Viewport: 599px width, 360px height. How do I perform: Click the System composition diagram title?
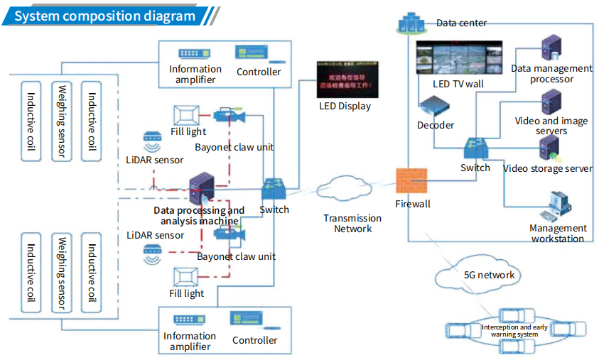click(x=104, y=16)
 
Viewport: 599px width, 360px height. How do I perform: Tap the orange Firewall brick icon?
click(x=411, y=183)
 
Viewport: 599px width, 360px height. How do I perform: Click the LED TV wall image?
click(x=458, y=59)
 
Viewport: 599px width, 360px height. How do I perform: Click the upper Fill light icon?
click(x=188, y=114)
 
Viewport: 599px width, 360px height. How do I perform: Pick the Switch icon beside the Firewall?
click(x=475, y=148)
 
